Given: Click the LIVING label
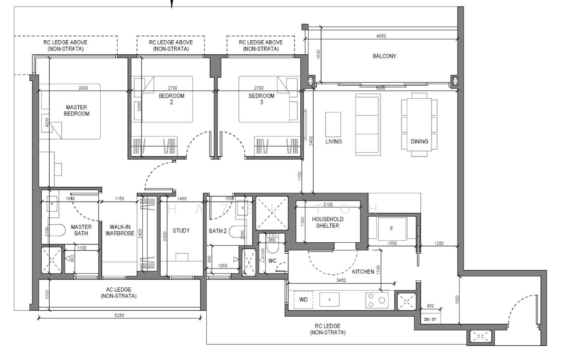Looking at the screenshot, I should pyautogui.click(x=334, y=141).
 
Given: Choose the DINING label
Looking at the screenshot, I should pyautogui.click(x=419, y=141).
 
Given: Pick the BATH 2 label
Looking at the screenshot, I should pyautogui.click(x=216, y=231).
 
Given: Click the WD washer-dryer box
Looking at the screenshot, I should pyautogui.click(x=303, y=299).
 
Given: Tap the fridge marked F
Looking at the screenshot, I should pyautogui.click(x=391, y=229).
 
